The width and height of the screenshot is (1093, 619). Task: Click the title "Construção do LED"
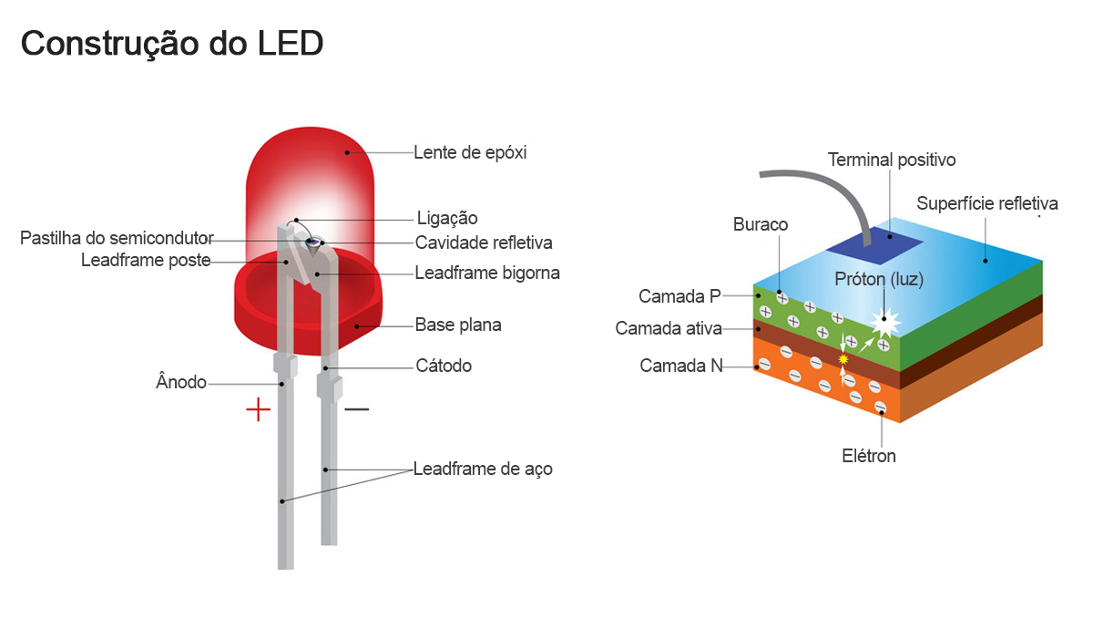172,44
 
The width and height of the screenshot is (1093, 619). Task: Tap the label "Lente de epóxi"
470,152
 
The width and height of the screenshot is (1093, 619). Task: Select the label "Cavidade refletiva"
484,242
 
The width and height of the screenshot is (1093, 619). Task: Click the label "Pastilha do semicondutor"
117,239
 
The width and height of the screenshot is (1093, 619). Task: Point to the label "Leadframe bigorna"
487,273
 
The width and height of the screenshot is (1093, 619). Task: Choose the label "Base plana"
458,325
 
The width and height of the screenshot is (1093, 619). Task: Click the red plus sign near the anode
259,409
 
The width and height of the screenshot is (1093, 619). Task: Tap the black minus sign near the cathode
356,409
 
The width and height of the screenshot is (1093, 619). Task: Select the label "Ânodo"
181,383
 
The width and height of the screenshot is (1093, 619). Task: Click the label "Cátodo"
444,366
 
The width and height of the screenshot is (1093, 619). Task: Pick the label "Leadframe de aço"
483,469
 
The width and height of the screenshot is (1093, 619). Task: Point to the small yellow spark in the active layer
843,360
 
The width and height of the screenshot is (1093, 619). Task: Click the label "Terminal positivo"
892,160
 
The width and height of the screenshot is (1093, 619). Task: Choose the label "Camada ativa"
669,328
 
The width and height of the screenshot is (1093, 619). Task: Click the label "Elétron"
869,456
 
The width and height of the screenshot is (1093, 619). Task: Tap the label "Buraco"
761,224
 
